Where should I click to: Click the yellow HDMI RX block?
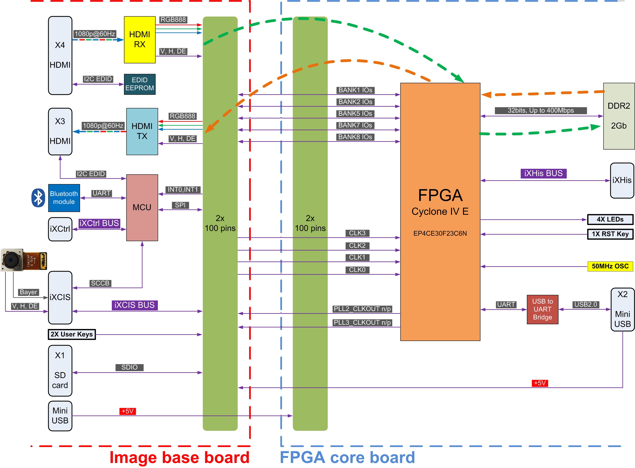pos(140,40)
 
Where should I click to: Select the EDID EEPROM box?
pos(140,84)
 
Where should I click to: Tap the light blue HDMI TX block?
pos(142,131)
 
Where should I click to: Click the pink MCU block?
pos(142,208)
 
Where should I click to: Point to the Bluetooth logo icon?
pos(38,198)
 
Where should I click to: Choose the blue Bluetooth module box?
pos(64,198)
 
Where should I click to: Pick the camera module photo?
pos(24,260)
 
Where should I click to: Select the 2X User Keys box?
pos(72,334)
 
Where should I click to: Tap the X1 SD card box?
pos(60,371)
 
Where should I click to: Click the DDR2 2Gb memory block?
pos(619,116)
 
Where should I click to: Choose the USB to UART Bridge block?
pos(542,309)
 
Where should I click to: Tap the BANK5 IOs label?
pos(355,114)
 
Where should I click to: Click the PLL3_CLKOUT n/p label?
pos(362,322)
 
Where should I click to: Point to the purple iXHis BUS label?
pos(543,173)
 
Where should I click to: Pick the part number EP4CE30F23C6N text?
pos(440,233)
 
